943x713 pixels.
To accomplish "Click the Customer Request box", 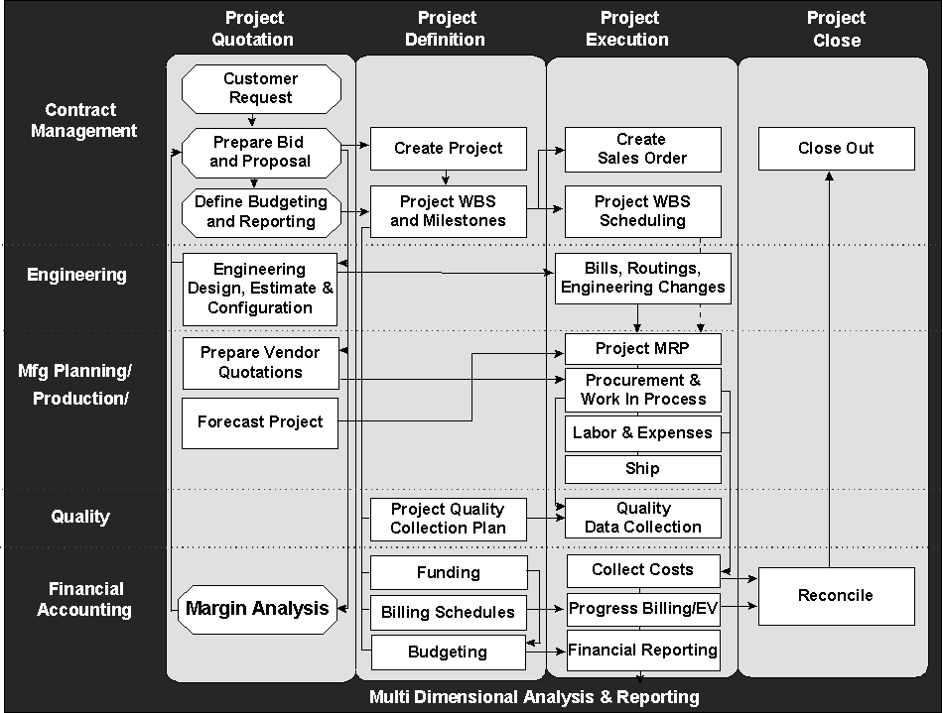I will (260, 88).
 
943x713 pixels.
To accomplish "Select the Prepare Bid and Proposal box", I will (260, 152).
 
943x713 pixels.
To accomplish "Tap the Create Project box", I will (448, 149).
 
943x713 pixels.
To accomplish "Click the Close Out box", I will (836, 149).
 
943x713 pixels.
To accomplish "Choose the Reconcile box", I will (836, 596).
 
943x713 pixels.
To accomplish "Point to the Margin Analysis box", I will (257, 608).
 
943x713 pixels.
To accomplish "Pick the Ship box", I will (642, 469).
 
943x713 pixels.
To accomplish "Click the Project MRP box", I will (642, 348).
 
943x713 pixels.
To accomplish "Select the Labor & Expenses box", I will (642, 433).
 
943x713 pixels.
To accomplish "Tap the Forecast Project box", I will (260, 422).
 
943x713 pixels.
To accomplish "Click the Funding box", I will (448, 573).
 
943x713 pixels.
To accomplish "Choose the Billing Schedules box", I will (448, 613).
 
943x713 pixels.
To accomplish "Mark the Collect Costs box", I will (642, 570).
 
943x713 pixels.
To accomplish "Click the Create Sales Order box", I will (642, 149).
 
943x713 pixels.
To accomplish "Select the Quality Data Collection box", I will (642, 518).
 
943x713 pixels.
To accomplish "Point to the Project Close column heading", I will (836, 29).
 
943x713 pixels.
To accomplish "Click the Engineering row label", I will (76, 275).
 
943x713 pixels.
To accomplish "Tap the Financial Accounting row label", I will (83, 599).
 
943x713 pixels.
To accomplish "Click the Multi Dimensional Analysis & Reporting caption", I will (534, 697).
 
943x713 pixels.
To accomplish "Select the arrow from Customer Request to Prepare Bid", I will (253, 119).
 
